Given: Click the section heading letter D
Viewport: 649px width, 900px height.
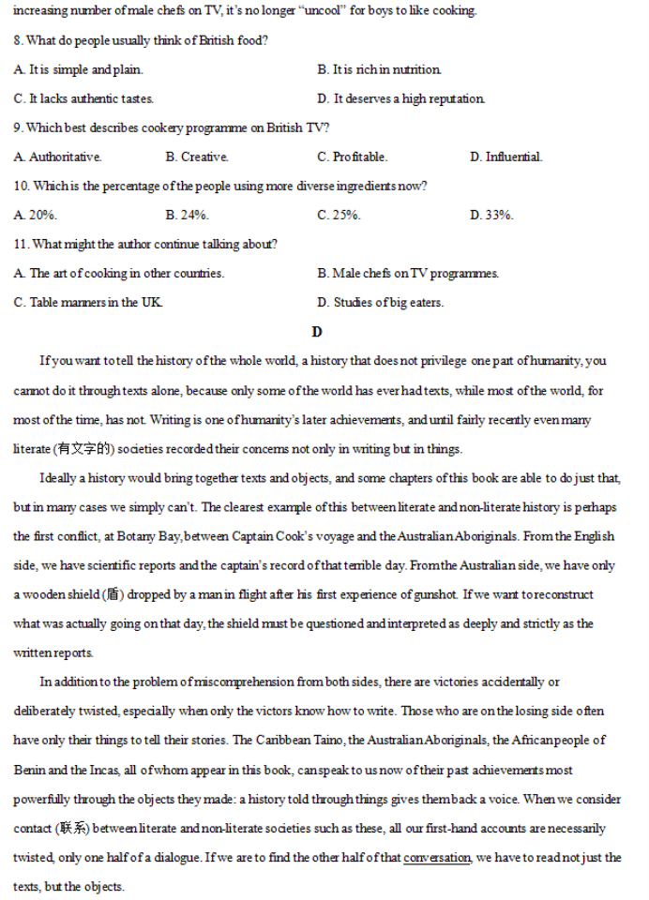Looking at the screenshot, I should [x=317, y=332].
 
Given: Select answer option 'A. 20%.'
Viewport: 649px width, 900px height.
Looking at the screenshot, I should [x=36, y=216].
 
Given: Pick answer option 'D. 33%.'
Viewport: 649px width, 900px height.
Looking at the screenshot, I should [x=491, y=216].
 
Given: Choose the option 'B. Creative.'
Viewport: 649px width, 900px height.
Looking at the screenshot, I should [x=197, y=157].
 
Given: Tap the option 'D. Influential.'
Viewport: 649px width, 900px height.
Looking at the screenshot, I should [x=506, y=157].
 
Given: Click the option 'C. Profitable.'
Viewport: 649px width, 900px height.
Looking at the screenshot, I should [x=352, y=157].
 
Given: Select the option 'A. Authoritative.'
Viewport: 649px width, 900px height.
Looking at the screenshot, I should [x=58, y=157].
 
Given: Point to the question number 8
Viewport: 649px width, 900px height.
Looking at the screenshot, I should [x=19, y=41].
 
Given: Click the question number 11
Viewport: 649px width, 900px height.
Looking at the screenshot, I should [x=22, y=245].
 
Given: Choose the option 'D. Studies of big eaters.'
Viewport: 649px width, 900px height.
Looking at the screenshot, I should [x=381, y=303].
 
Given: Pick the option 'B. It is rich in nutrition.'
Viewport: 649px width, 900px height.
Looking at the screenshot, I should [x=380, y=70].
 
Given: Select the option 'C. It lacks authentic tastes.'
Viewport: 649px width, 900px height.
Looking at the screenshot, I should [x=84, y=99].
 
